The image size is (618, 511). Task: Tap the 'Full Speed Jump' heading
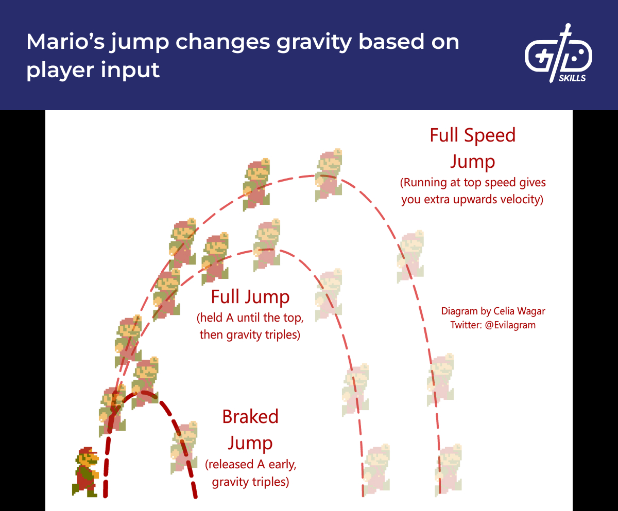(x=472, y=148)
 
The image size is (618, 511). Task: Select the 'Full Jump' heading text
(x=250, y=297)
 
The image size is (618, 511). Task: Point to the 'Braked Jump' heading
(x=250, y=429)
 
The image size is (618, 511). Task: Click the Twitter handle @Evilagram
(x=510, y=325)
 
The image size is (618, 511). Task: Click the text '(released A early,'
(x=250, y=465)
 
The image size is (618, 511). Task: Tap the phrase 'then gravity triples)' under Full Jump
(x=249, y=335)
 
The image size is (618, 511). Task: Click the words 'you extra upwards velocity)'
(x=472, y=199)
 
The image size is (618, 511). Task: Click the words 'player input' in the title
(x=93, y=70)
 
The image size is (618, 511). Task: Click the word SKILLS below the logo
(x=572, y=79)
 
